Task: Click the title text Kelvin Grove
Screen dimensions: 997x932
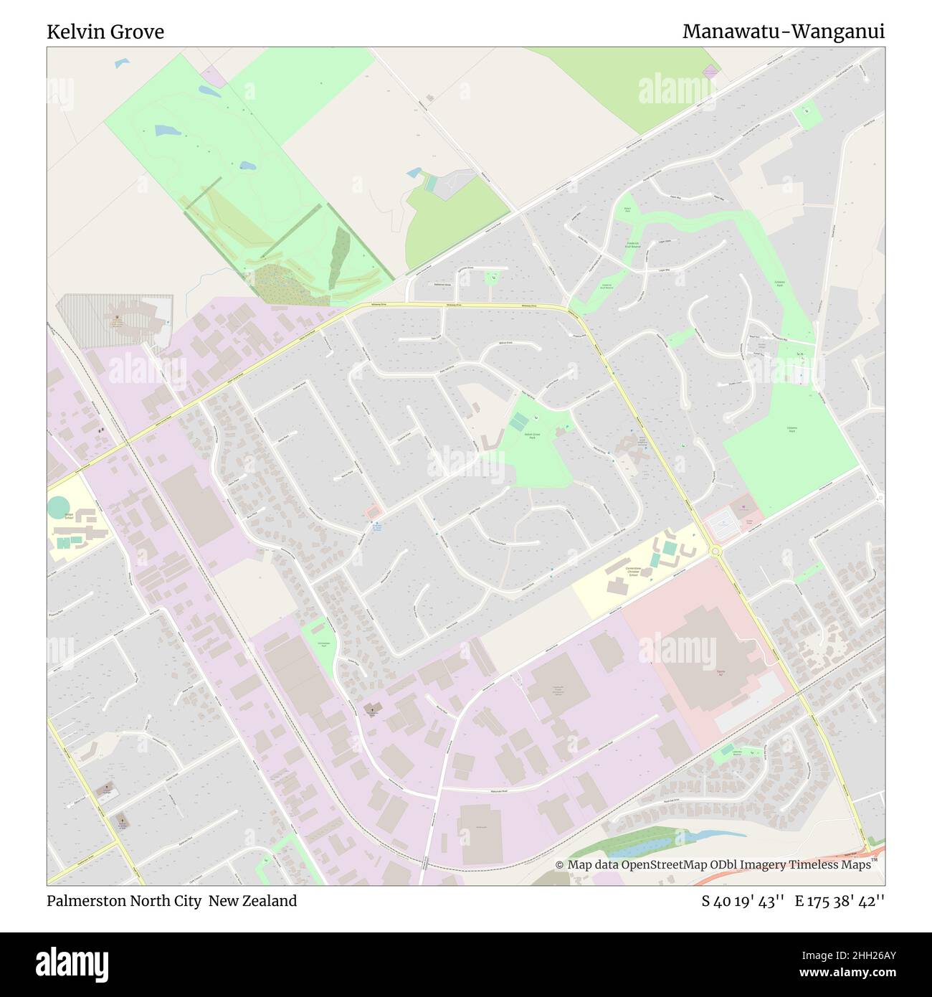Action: pos(105,32)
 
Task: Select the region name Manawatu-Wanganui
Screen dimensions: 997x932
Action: pos(783,32)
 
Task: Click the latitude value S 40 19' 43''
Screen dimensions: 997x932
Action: pos(743,901)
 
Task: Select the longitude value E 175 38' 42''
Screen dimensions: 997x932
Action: pos(840,901)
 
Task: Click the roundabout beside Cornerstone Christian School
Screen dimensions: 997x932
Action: pos(715,551)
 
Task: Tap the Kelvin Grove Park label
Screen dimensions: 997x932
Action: pos(531,435)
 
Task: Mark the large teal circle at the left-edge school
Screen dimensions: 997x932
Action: pos(59,508)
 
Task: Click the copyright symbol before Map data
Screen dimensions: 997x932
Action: pos(560,865)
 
